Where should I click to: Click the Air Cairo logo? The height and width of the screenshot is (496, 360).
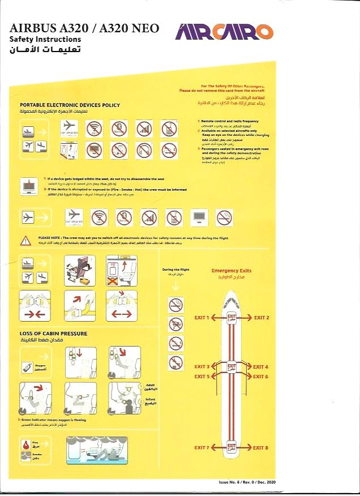pyautogui.click(x=224, y=32)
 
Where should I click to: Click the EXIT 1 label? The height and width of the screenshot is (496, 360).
pyautogui.click(x=202, y=318)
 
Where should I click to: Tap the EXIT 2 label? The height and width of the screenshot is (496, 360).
pyautogui.click(x=262, y=318)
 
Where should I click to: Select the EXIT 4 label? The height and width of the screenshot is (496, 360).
pyautogui.click(x=260, y=367)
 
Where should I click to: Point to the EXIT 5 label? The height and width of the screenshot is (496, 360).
pyautogui.click(x=202, y=377)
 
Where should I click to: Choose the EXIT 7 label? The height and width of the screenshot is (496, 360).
pyautogui.click(x=202, y=448)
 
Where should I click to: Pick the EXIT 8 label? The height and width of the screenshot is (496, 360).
pyautogui.click(x=261, y=448)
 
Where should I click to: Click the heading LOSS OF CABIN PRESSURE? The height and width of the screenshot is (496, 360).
pyautogui.click(x=54, y=333)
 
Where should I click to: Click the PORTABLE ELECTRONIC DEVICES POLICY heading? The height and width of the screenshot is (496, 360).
pyautogui.click(x=70, y=105)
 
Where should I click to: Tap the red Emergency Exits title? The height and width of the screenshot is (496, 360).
pyautogui.click(x=231, y=271)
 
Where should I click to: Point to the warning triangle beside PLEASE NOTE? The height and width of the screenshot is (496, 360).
pyautogui.click(x=25, y=241)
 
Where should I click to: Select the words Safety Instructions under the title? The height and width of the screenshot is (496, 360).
pyautogui.click(x=45, y=39)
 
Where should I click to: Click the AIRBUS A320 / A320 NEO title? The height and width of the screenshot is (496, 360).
pyautogui.click(x=85, y=28)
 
